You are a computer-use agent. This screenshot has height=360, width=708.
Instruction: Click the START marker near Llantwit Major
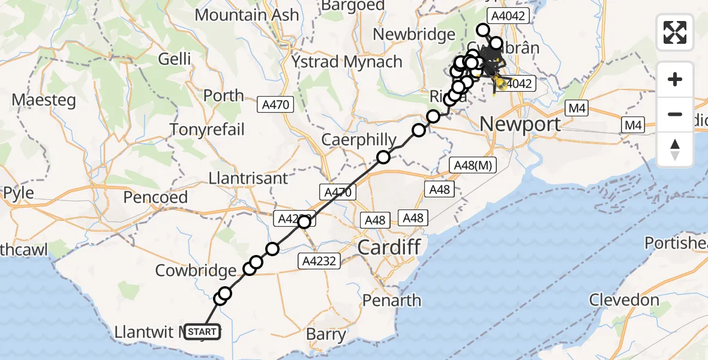tap(202, 331)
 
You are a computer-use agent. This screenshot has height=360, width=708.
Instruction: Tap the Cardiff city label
tap(389, 247)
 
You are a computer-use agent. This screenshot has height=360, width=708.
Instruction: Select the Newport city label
tap(520, 124)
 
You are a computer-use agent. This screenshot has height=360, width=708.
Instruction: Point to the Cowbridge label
tap(196, 271)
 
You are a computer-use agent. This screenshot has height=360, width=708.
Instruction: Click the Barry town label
tap(326, 334)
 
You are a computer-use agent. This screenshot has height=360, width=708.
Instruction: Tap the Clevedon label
tap(625, 300)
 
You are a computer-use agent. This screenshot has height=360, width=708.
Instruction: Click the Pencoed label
tap(155, 197)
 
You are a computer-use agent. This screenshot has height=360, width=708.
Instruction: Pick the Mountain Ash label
tap(247, 14)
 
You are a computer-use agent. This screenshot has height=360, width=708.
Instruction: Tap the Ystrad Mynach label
tap(347, 62)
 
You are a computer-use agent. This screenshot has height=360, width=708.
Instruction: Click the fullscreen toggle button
tap(675, 32)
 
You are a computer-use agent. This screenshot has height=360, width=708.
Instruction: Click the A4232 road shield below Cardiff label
tap(320, 260)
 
